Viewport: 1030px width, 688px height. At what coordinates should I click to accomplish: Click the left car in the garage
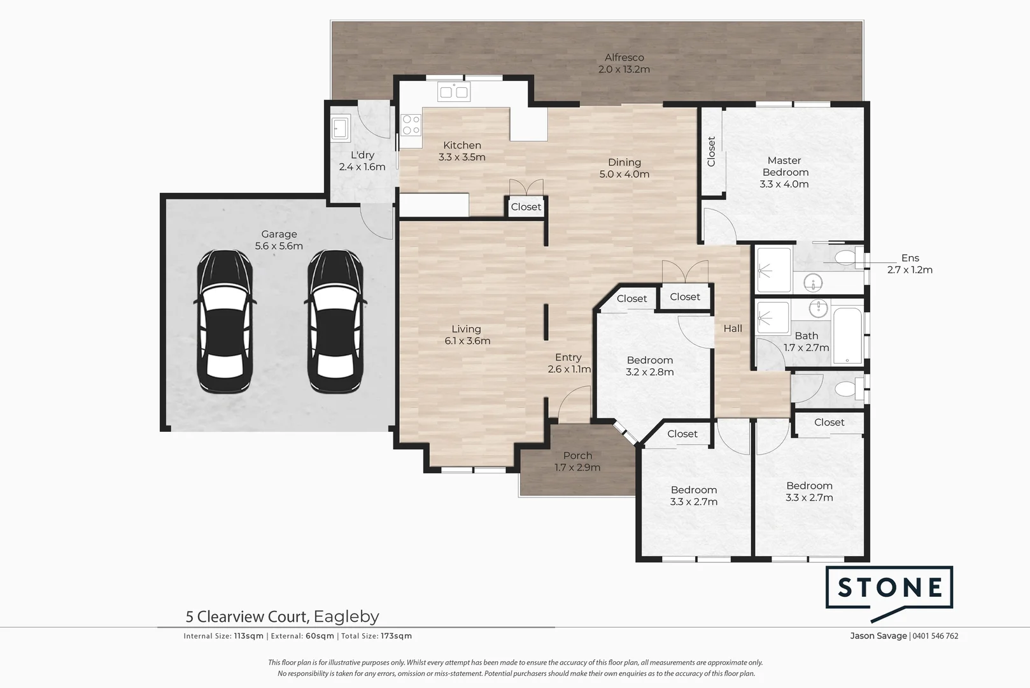pyautogui.click(x=225, y=322)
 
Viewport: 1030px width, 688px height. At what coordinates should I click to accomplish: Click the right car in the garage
pyautogui.click(x=335, y=322)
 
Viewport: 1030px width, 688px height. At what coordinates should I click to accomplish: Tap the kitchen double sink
pyautogui.click(x=454, y=92)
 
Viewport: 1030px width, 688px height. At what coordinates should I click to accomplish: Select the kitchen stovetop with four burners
pyautogui.click(x=411, y=125)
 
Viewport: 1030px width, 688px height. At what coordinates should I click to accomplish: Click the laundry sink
pyautogui.click(x=341, y=127)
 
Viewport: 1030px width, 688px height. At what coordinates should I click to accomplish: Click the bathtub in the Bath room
pyautogui.click(x=847, y=336)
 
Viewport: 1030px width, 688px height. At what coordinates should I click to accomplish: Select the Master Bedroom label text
pyautogui.click(x=784, y=167)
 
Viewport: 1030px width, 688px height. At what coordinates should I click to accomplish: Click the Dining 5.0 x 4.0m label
pyautogui.click(x=624, y=168)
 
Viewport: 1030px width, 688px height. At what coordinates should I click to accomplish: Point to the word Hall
pyautogui.click(x=733, y=329)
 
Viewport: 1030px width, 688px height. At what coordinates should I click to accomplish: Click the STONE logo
pyautogui.click(x=889, y=593)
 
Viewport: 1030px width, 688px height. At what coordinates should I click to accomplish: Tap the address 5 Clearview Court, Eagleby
pyautogui.click(x=283, y=616)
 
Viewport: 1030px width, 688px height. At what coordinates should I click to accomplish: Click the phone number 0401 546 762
pyautogui.click(x=935, y=636)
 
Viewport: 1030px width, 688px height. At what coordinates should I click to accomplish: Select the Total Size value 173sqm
pyautogui.click(x=397, y=636)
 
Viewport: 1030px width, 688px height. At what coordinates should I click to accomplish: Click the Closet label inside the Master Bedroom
pyautogui.click(x=711, y=152)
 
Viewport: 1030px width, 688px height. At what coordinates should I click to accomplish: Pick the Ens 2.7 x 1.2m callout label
pyautogui.click(x=910, y=264)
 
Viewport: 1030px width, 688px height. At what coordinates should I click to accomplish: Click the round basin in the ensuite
pyautogui.click(x=813, y=283)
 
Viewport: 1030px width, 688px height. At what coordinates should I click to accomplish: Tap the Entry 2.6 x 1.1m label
pyautogui.click(x=569, y=363)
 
